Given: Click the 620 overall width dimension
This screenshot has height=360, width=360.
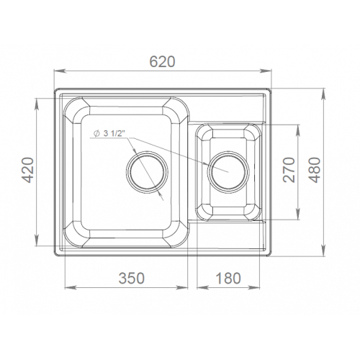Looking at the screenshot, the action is tap(163, 61).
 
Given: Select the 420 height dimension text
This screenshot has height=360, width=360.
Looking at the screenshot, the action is tap(27, 170).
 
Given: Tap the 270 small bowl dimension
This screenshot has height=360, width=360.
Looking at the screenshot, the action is tap(289, 170).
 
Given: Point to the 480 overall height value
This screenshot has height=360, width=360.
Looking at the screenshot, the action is tap(315, 170).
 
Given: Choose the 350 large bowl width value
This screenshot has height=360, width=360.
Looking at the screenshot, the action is tap(132, 278).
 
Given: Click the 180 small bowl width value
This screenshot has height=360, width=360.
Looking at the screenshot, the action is tap(228, 278).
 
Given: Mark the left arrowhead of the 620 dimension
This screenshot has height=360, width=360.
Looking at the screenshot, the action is tap(60, 71).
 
